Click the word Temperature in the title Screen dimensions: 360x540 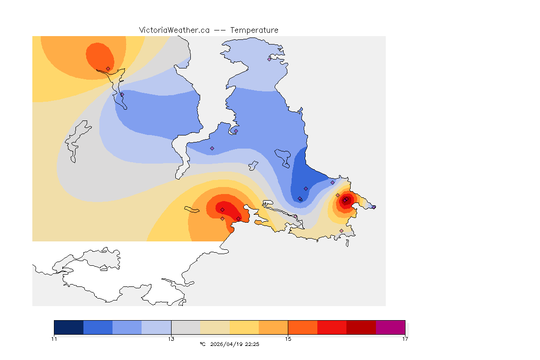tap(254, 30)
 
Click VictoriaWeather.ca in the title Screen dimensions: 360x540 tap(174, 30)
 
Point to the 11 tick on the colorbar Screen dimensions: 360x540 tap(54, 338)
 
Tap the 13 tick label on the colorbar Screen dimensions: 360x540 tap(171, 338)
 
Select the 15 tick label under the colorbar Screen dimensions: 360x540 tap(288, 338)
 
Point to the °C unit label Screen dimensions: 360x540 tap(202, 344)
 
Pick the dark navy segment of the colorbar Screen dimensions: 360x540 tap(69, 327)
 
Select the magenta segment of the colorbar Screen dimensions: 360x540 tap(390, 327)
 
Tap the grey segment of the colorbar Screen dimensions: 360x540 tap(186, 327)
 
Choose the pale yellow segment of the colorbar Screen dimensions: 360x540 tap(244, 327)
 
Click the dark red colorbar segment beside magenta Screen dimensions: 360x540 tap(361, 327)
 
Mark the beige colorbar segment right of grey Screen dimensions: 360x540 tap(215, 327)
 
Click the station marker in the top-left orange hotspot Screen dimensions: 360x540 tap(108, 68)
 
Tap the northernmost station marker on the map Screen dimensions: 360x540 tap(269, 59)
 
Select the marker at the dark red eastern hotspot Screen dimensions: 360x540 tap(345, 200)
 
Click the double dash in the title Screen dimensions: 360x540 tap(220, 30)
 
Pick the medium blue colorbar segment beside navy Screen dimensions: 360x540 tap(98, 327)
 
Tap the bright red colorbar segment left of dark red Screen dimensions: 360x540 tap(332, 327)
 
